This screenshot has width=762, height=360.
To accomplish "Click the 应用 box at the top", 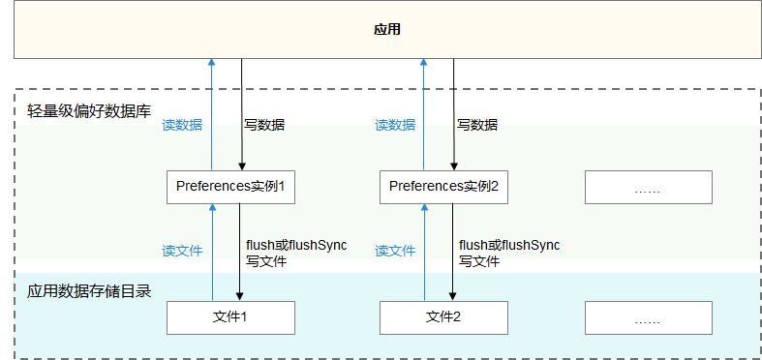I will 386,30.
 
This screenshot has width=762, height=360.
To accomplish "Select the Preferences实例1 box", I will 230,186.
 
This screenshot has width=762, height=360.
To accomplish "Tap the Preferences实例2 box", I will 442,186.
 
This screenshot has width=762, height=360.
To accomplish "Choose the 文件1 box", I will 230,316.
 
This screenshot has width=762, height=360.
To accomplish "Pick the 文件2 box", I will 442,316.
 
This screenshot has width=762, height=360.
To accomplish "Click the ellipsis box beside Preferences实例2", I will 648,187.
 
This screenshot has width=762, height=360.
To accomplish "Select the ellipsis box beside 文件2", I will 648,317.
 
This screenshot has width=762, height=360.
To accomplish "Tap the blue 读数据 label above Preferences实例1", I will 181,125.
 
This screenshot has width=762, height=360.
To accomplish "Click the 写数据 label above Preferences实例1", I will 264,125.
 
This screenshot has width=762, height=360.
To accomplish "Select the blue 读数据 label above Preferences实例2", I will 394,125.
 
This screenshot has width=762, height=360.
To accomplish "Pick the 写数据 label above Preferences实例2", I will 477,125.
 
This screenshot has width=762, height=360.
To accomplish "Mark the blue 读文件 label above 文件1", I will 181,251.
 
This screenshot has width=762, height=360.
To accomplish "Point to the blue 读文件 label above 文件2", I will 394,251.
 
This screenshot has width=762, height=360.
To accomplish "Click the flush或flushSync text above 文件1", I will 296,245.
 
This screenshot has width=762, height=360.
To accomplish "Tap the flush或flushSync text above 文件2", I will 509,245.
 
